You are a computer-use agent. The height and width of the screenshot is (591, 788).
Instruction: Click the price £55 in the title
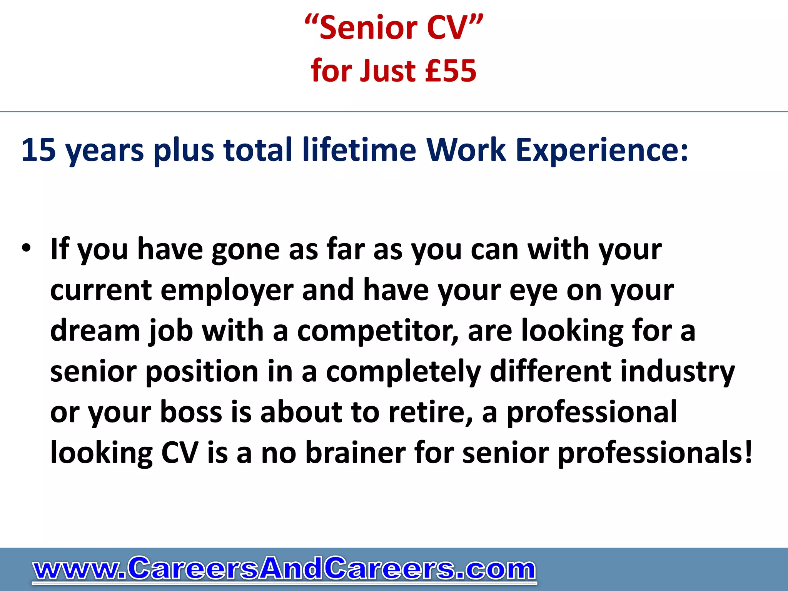tap(451, 71)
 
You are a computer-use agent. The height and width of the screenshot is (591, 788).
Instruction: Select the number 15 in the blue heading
tap(38, 150)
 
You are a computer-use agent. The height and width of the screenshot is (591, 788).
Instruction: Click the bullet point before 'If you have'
tap(26, 248)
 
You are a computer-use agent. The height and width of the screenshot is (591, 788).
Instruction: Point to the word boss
tap(191, 412)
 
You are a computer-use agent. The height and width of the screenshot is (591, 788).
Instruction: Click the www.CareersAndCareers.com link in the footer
tap(284, 569)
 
